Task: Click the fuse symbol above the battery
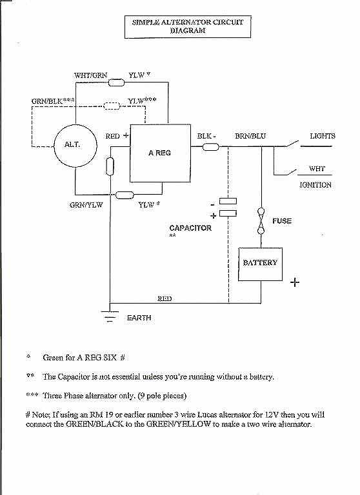click(261, 221)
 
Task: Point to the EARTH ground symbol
click(110, 316)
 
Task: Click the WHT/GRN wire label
click(91, 75)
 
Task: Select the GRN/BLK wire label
click(47, 101)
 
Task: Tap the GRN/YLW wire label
click(86, 205)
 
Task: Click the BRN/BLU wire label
click(250, 136)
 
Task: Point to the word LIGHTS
click(323, 136)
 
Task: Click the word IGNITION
click(315, 185)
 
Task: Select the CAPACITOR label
click(190, 228)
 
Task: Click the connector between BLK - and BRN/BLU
click(210, 147)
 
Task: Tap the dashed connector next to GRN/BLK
click(112, 106)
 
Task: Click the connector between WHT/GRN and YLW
click(116, 82)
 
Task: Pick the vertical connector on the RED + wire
click(110, 166)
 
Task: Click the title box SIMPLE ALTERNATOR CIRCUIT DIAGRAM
click(188, 27)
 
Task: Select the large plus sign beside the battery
click(295, 282)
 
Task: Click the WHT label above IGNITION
click(317, 169)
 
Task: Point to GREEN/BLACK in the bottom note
click(94, 424)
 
